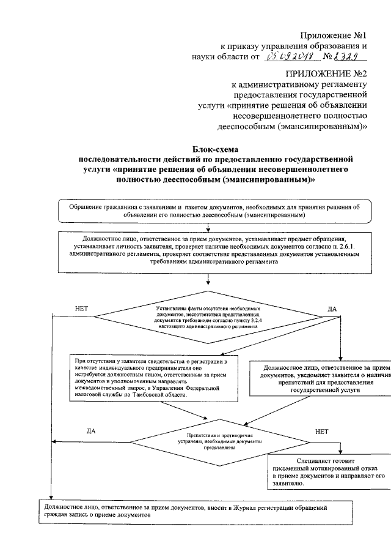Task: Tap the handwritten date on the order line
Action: (290, 57)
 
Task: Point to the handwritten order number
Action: (346, 57)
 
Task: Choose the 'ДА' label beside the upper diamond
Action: (332, 309)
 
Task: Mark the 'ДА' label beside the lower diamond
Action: (89, 431)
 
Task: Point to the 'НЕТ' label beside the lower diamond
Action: (322, 431)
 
